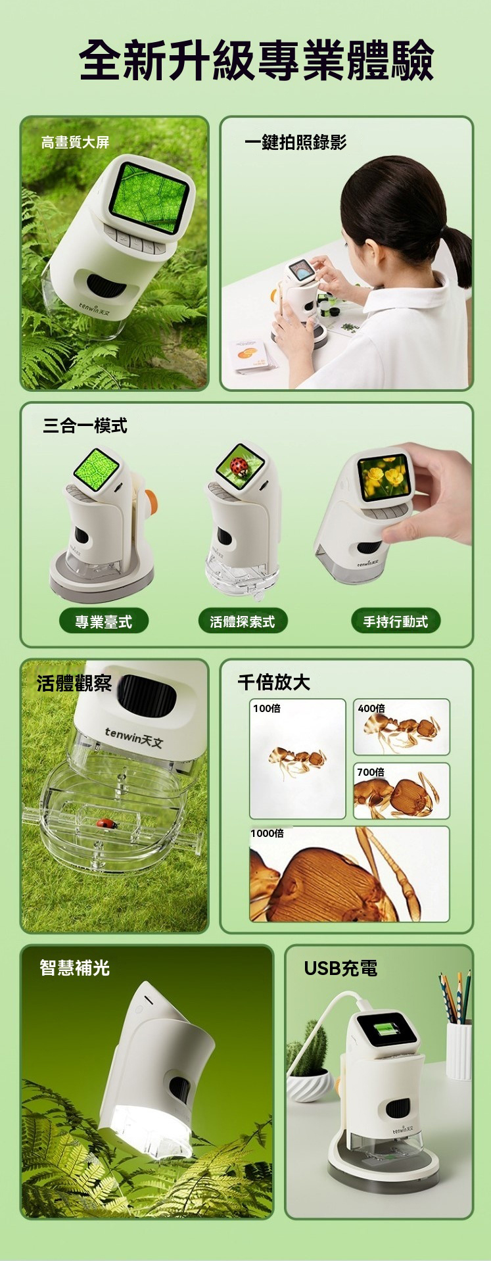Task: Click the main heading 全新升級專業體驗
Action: pos(256,60)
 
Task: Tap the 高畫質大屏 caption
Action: pos(75,142)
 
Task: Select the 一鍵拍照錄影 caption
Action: pos(295,142)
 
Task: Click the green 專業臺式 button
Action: pos(103,621)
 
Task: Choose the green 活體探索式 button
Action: pos(243,621)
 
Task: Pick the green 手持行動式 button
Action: pos(396,621)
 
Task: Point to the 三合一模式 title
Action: pos(85,425)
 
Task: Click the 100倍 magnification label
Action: pos(267,708)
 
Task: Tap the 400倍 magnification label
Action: pos(371,708)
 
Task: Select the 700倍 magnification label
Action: pos(371,772)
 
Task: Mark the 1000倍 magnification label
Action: pos(268,833)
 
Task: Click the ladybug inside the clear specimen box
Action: pos(105,822)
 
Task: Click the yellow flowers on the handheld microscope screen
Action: pos(384,477)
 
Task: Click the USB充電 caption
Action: pos(340,968)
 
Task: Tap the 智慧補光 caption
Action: pos(74,968)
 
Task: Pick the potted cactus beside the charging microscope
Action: pos(308,1062)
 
